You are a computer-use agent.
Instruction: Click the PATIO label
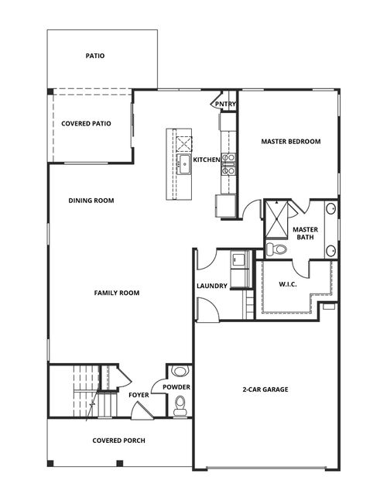pyautogui.click(x=96, y=56)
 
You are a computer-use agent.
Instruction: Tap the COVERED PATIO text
pyautogui.click(x=86, y=123)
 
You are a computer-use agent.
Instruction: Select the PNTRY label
pyautogui.click(x=226, y=104)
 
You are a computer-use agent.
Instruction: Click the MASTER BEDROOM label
pyautogui.click(x=290, y=142)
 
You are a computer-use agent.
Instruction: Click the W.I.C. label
pyautogui.click(x=289, y=285)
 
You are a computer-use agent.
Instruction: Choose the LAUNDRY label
pyautogui.click(x=212, y=287)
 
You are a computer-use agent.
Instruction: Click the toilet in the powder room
pyautogui.click(x=180, y=403)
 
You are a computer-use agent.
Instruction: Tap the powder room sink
pyautogui.click(x=179, y=371)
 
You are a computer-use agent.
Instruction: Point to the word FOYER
pyautogui.click(x=139, y=395)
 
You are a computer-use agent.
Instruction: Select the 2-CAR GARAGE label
pyautogui.click(x=265, y=389)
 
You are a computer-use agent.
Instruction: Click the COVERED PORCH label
pyautogui.click(x=118, y=441)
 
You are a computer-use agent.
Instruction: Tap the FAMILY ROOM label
pyautogui.click(x=116, y=293)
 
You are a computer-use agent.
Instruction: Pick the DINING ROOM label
pyautogui.click(x=91, y=201)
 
